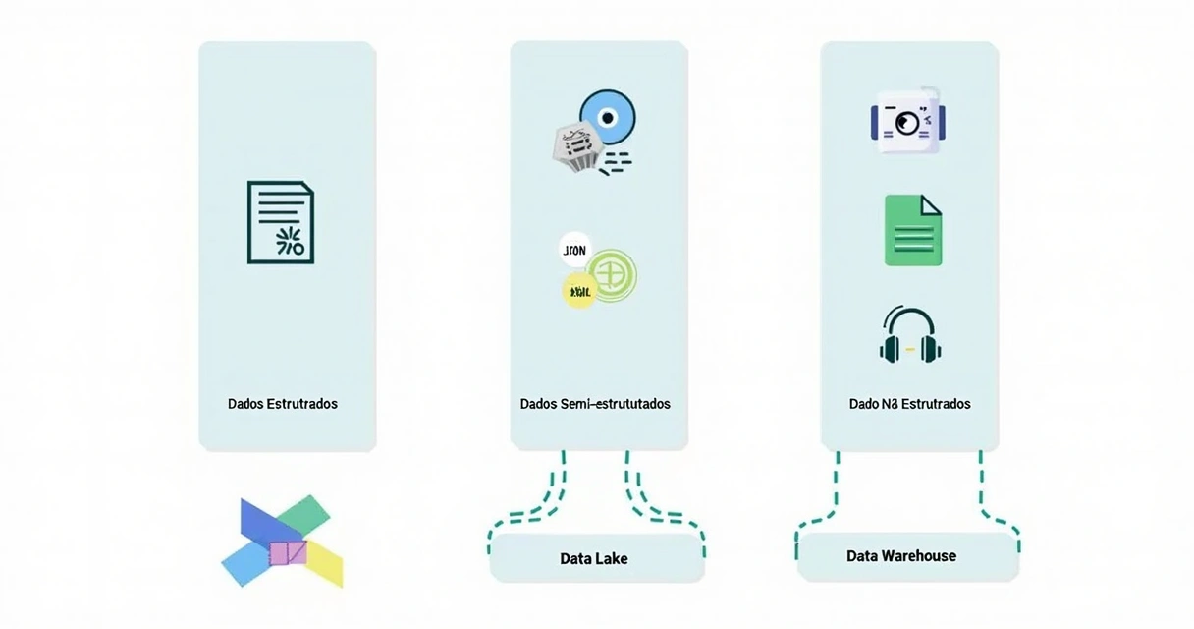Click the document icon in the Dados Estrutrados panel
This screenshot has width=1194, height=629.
pyautogui.click(x=281, y=222)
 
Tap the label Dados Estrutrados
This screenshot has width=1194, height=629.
pyautogui.click(x=283, y=404)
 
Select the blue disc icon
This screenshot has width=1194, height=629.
pyautogui.click(x=608, y=118)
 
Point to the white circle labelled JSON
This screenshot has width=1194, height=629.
pyautogui.click(x=573, y=251)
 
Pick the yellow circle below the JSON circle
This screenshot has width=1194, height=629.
pyautogui.click(x=578, y=290)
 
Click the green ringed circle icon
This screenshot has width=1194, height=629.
pyautogui.click(x=611, y=270)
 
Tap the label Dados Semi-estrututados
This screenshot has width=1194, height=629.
pyautogui.click(x=595, y=404)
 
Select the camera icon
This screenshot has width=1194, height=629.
pyautogui.click(x=907, y=121)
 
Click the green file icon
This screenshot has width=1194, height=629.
pyautogui.click(x=913, y=230)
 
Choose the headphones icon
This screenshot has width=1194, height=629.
pyautogui.click(x=911, y=334)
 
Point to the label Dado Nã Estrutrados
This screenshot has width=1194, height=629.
pyautogui.click(x=909, y=404)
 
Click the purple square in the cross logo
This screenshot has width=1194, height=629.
pyautogui.click(x=288, y=553)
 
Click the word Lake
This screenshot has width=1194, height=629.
pyautogui.click(x=611, y=558)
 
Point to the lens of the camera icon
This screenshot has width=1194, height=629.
pyautogui.click(x=907, y=122)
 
